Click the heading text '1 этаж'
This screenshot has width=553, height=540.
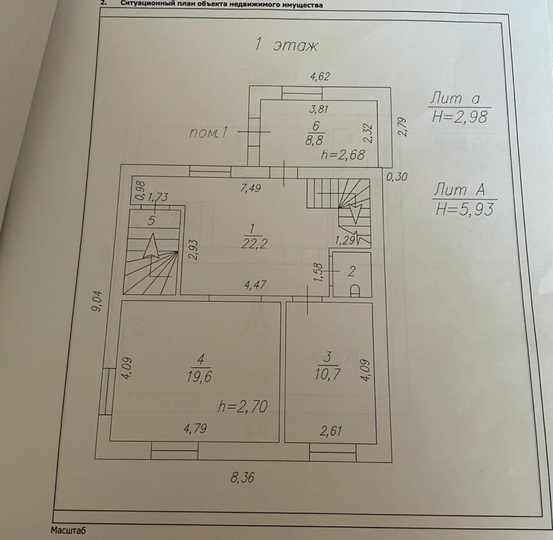pyautogui.click(x=286, y=45)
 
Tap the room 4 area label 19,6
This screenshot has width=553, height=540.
pyautogui.click(x=201, y=374)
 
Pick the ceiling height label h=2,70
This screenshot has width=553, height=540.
pyautogui.click(x=242, y=406)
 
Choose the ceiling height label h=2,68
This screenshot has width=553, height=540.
pyautogui.click(x=342, y=154)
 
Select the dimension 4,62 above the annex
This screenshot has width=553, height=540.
pyautogui.click(x=320, y=74)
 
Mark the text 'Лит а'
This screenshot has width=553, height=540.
pyautogui.click(x=460, y=98)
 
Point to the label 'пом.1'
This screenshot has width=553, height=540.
pyautogui.click(x=209, y=132)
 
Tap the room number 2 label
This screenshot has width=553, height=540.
pyautogui.click(x=351, y=272)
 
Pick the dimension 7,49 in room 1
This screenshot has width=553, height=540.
pyautogui.click(x=251, y=188)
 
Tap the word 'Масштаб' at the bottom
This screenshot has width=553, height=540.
pyautogui.click(x=68, y=531)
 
